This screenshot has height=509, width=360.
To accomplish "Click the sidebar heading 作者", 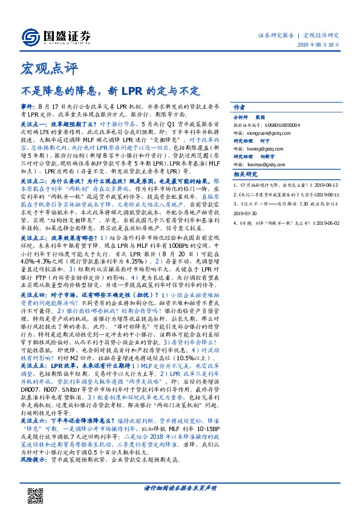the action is tap(239, 105).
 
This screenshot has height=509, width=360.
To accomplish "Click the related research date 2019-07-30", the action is tap(246, 213).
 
